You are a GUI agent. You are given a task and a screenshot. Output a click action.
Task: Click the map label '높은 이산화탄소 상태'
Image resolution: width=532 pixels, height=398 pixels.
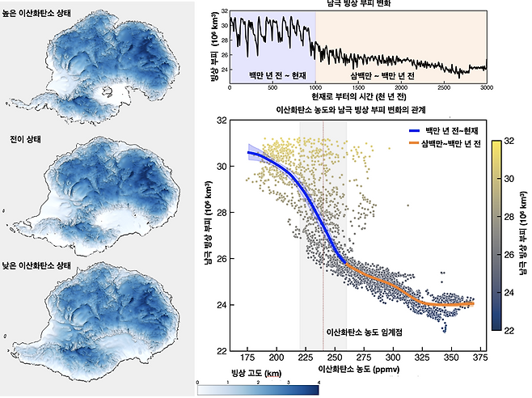point(36,13)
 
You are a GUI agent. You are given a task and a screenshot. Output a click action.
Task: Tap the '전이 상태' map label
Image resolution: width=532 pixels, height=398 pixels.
point(25,140)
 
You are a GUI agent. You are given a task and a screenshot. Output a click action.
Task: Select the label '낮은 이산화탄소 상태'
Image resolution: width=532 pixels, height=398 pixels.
point(36,265)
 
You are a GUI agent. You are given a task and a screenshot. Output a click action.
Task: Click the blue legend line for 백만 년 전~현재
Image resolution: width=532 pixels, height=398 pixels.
point(414,131)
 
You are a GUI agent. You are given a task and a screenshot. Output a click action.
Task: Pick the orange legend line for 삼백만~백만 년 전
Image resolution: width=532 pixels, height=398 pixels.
point(414,143)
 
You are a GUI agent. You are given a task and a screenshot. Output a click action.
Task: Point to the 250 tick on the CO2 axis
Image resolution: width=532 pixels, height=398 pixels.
point(335,358)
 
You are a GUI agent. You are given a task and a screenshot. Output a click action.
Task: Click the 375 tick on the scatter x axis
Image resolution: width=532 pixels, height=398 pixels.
point(480,358)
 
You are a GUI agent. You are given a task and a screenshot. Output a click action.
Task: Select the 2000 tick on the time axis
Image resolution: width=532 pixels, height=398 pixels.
point(401,87)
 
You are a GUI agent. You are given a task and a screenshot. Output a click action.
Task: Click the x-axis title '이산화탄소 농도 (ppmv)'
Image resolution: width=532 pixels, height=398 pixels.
point(359,369)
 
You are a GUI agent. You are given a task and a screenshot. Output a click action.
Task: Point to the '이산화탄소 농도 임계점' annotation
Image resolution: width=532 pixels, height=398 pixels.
point(365,332)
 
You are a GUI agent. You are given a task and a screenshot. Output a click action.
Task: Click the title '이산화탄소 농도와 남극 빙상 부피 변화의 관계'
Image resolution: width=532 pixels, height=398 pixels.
point(351,110)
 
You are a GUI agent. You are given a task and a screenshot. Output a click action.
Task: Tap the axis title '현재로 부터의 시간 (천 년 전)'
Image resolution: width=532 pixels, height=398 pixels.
point(359,97)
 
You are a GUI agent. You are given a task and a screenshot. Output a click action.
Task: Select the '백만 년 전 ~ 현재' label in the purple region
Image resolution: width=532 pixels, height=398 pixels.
point(277,75)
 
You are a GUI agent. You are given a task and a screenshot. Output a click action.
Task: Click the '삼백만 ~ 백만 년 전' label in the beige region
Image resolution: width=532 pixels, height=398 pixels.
point(382,75)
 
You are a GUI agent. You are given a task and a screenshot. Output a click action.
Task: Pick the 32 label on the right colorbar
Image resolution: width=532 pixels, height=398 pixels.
point(509,141)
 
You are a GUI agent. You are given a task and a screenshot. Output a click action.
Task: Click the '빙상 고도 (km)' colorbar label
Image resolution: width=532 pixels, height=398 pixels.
point(256,373)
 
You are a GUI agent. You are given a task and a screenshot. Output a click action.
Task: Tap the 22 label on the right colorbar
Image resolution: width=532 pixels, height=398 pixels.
point(509,330)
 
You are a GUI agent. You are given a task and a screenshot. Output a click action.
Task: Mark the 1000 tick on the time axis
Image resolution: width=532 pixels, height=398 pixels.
point(315,87)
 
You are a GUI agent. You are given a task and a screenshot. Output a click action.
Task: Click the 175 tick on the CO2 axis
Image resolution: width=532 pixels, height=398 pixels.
point(247,358)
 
